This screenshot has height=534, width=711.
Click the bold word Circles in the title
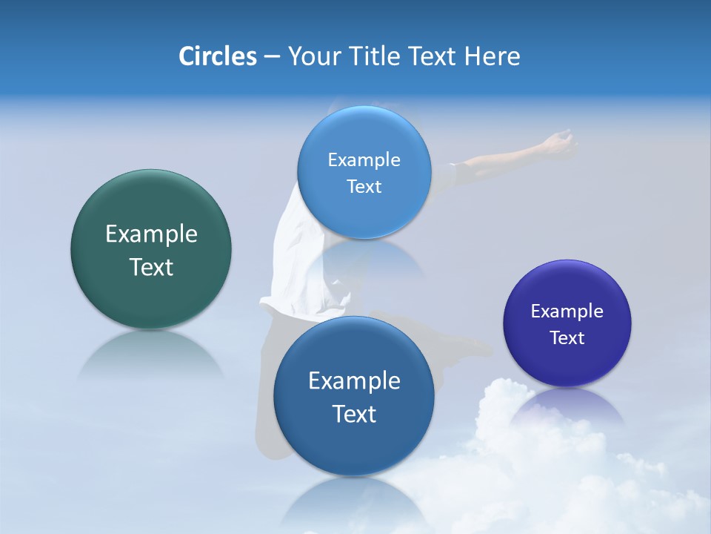point(217,56)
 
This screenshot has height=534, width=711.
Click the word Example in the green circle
point(151,234)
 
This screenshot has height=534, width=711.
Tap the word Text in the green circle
point(151,267)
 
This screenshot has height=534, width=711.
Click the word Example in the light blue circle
point(364,159)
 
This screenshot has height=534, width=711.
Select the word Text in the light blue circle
point(364,186)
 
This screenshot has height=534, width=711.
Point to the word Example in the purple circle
point(567,311)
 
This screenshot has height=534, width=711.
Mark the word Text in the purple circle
point(567,338)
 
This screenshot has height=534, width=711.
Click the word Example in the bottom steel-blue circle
point(354,381)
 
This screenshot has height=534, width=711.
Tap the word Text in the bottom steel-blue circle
point(354,414)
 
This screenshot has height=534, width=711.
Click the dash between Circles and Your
point(272,56)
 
